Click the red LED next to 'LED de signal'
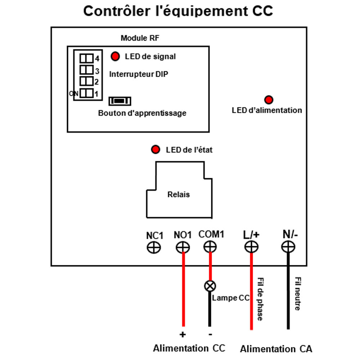(115, 56)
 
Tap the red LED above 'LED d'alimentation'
(269, 100)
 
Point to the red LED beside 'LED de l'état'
(156, 149)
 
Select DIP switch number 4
(86, 58)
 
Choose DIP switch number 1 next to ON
(86, 93)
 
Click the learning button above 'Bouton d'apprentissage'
(120, 101)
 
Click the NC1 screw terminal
(154, 248)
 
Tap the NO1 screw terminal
(183, 248)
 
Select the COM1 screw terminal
(210, 247)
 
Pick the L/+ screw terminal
(251, 247)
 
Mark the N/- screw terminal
(288, 247)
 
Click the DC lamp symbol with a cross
(210, 286)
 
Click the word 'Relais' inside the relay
(179, 194)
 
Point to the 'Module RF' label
(140, 38)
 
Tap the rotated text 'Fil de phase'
(260, 299)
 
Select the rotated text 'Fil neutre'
(298, 294)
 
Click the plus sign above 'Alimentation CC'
(183, 334)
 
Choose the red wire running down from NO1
(183, 289)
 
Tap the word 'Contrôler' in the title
(117, 11)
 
